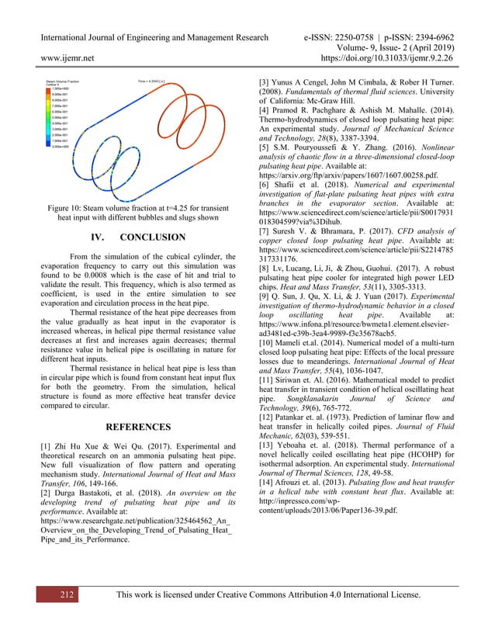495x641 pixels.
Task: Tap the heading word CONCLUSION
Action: (152, 237)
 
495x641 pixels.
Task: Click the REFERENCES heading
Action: (138, 427)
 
